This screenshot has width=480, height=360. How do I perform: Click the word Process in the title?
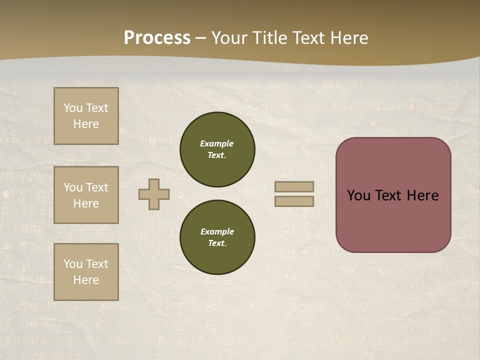pyautogui.click(x=157, y=38)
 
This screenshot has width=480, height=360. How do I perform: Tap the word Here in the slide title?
pyautogui.click(x=347, y=38)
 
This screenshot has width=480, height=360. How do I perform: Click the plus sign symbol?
pyautogui.click(x=154, y=194)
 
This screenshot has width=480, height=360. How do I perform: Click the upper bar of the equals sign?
pyautogui.click(x=294, y=186)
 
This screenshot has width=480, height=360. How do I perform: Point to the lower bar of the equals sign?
pyautogui.click(x=294, y=201)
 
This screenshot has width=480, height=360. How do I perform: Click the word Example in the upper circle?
pyautogui.click(x=217, y=143)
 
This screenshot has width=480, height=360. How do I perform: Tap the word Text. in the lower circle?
pyautogui.click(x=217, y=243)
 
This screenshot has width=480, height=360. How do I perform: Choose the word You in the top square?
pyautogui.click(x=72, y=108)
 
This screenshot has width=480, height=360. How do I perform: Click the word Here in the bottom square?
pyautogui.click(x=86, y=280)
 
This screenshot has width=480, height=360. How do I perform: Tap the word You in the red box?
pyautogui.click(x=358, y=195)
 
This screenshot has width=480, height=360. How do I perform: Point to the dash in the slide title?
pyautogui.click(x=201, y=38)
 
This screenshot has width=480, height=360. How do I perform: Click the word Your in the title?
pyautogui.click(x=230, y=38)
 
